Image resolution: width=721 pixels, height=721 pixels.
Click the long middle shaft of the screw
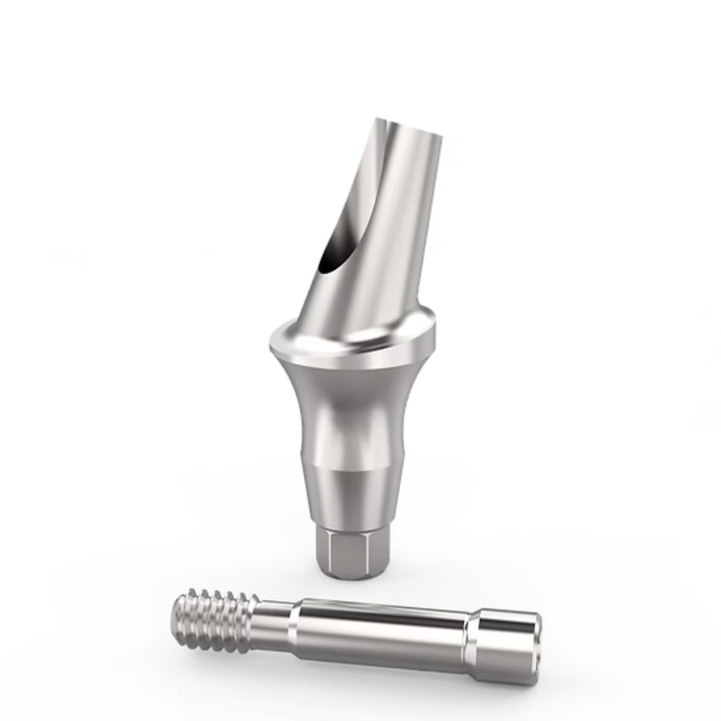point(381,634)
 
